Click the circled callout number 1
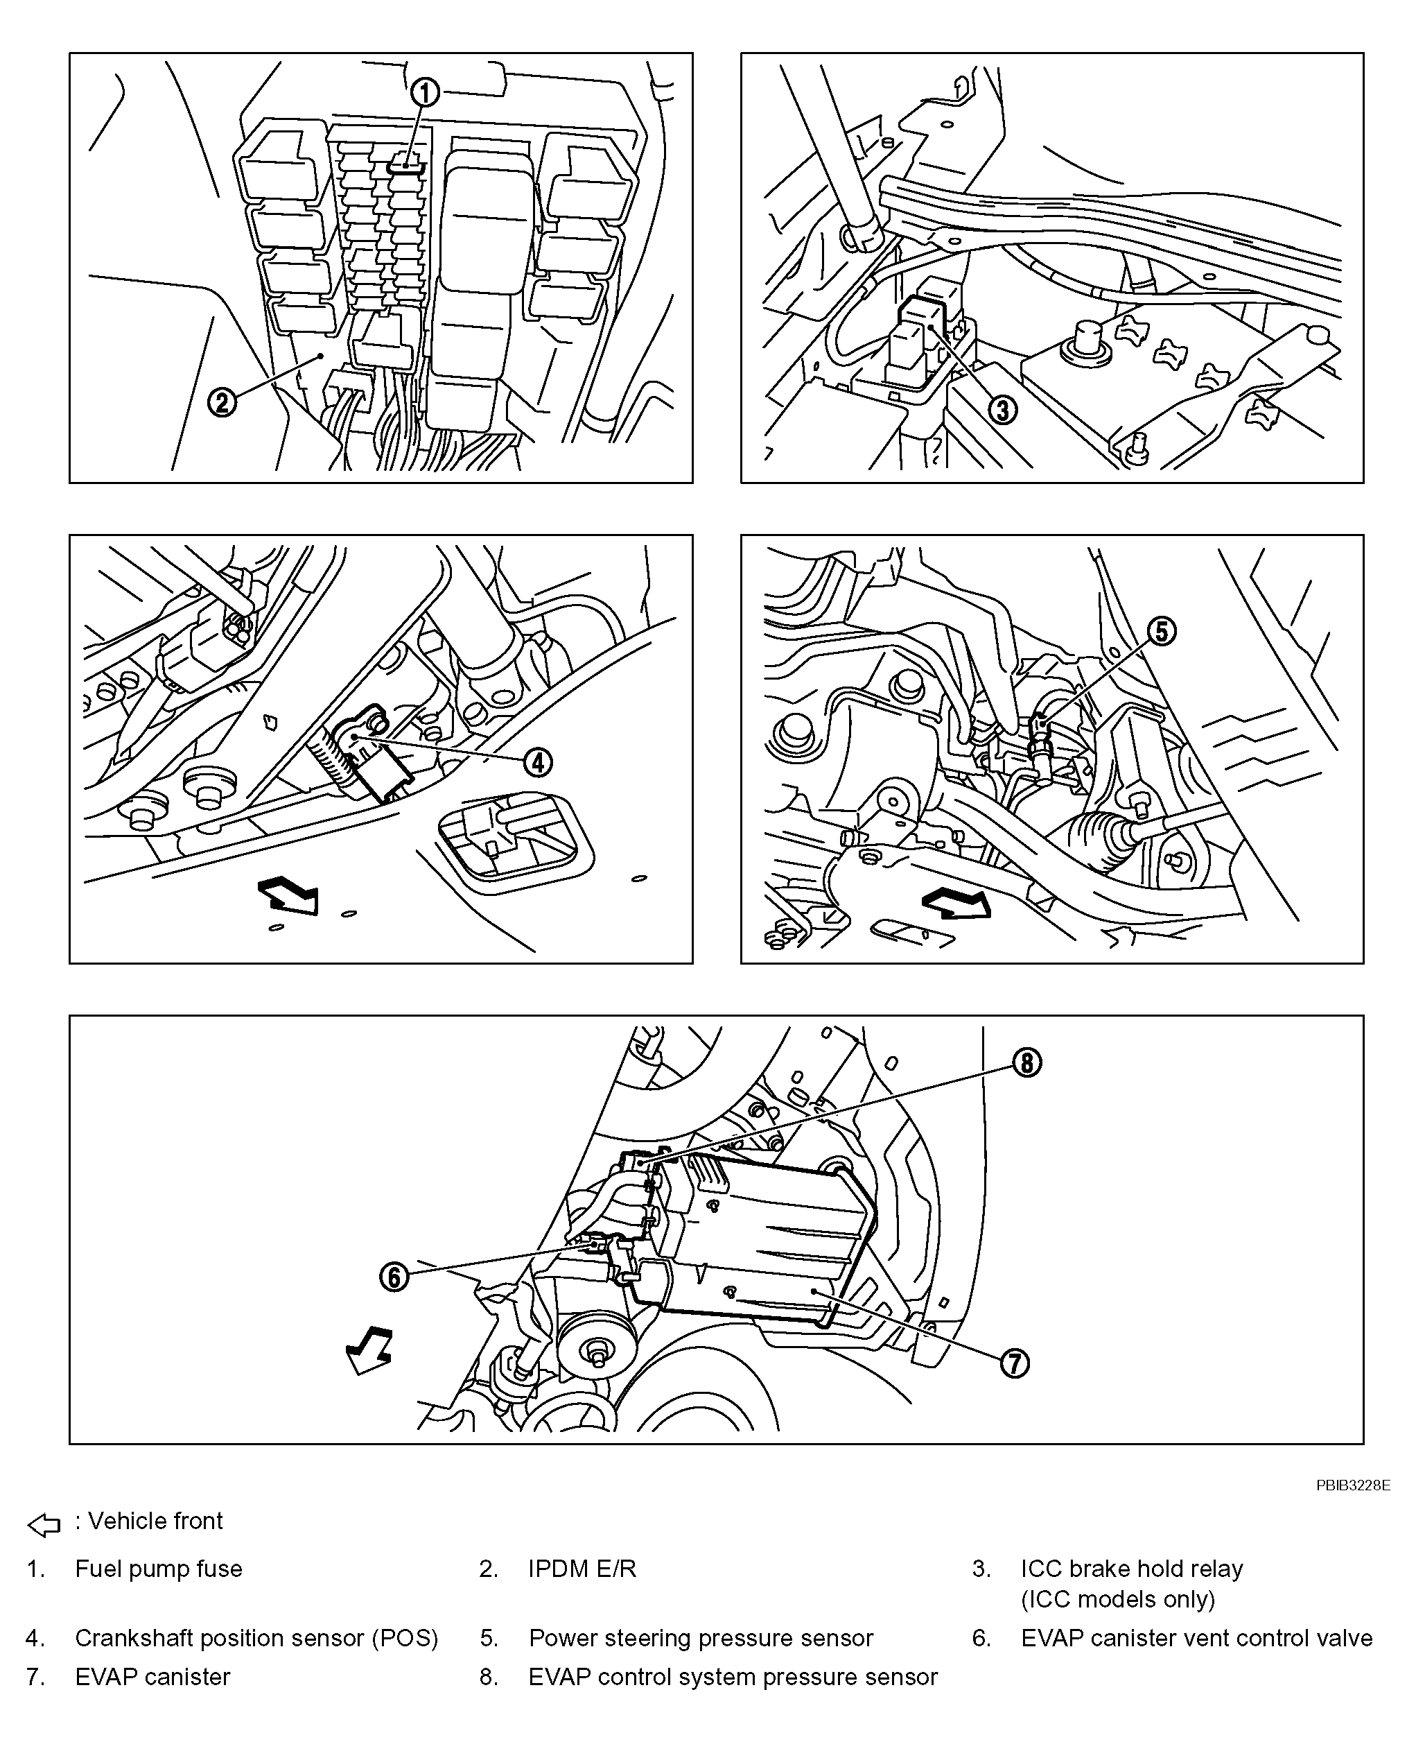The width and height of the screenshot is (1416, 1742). pyautogui.click(x=425, y=93)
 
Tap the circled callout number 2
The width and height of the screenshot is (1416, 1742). pyautogui.click(x=222, y=402)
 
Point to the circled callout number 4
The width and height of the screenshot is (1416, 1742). pyautogui.click(x=536, y=762)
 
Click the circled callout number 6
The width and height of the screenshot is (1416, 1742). pyautogui.click(x=394, y=1277)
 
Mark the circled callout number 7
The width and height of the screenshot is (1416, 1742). pyautogui.click(x=1014, y=1363)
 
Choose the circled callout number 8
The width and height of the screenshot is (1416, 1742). pyautogui.click(x=1027, y=1062)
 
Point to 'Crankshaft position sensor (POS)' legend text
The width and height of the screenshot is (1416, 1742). pyautogui.click(x=256, y=1637)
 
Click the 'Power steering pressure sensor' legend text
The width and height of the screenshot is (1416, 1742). pyautogui.click(x=701, y=1637)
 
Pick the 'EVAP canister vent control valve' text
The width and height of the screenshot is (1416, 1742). pyautogui.click(x=1196, y=1637)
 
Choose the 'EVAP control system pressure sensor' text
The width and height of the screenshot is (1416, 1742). pyautogui.click(x=733, y=1676)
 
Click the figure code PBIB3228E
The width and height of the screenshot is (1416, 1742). pyautogui.click(x=1352, y=1485)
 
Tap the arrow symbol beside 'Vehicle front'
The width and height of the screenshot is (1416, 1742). pyautogui.click(x=44, y=1524)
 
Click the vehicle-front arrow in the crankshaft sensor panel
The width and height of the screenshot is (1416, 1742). pyautogui.click(x=288, y=895)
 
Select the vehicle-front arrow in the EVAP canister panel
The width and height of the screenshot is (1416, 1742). pyautogui.click(x=369, y=1350)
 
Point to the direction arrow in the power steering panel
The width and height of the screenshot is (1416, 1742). pyautogui.click(x=956, y=903)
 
